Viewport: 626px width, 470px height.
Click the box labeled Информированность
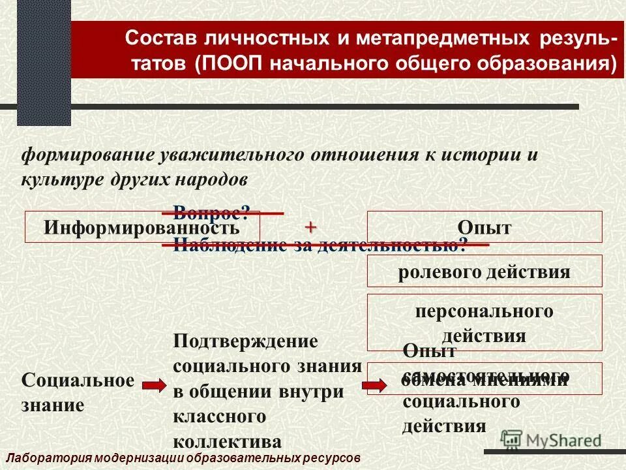click(x=142, y=227)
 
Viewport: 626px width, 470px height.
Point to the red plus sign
click(x=310, y=227)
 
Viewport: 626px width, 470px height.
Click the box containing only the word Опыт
click(x=484, y=227)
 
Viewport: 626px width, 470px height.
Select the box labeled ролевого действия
click(x=484, y=272)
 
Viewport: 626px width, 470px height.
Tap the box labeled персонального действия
click(x=484, y=322)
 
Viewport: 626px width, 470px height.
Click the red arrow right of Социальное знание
click(x=155, y=386)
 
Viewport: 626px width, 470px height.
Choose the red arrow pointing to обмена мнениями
click(x=374, y=385)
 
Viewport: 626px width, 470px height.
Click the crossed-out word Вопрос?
click(x=212, y=212)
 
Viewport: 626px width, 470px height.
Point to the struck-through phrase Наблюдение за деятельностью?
click(x=320, y=245)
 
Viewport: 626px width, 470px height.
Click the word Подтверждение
click(x=245, y=341)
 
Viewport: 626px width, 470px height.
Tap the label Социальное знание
click(x=78, y=392)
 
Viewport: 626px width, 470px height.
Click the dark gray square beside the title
click(x=44, y=72)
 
